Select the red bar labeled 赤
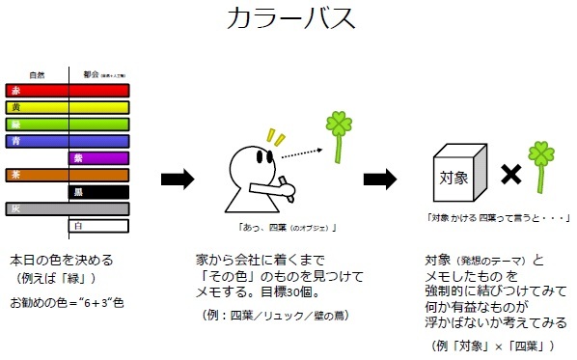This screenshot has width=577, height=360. [68, 91]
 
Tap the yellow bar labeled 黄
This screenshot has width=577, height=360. [68, 107]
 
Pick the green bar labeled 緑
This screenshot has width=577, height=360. [68, 124]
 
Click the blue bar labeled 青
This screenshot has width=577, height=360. [68, 141]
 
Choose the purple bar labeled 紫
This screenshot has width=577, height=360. [98, 158]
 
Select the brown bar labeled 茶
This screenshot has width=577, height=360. [68, 175]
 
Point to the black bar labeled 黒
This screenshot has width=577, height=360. [98, 192]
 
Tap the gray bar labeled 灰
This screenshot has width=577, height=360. [68, 208]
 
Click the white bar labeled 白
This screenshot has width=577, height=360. [98, 226]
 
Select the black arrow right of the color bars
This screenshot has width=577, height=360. [177, 179]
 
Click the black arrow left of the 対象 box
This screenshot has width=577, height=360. [380, 179]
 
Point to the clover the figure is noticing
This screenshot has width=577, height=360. [337, 135]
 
